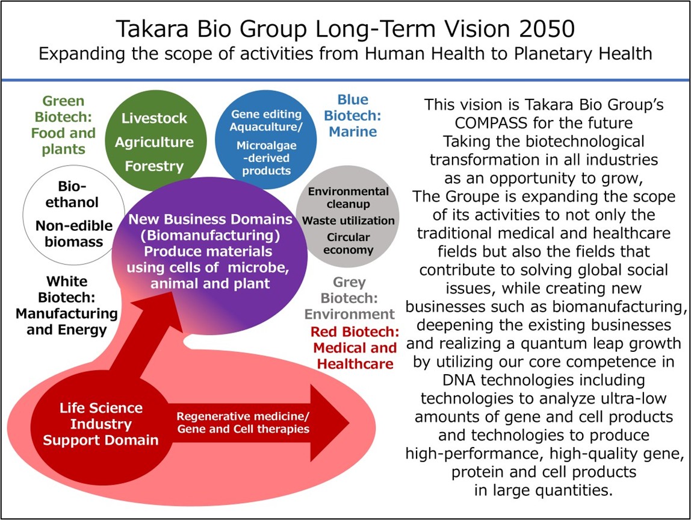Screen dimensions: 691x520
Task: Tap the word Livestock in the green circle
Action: coord(154,118)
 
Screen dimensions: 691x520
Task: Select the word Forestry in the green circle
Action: coord(154,166)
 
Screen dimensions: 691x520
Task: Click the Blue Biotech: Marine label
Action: coord(353,116)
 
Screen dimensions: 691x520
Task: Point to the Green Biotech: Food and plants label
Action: coord(63,125)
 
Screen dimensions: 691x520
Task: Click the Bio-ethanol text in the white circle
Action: coord(72,194)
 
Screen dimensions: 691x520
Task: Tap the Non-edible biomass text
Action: coord(74,234)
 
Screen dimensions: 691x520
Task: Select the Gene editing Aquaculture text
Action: coord(266,121)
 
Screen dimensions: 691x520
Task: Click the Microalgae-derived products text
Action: coord(266,158)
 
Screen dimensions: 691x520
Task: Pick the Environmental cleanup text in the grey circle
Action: coord(348,198)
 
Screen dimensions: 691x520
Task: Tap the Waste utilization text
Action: coord(348,221)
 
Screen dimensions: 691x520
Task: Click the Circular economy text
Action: coord(348,243)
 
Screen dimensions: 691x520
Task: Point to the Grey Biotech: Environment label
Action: coord(349,298)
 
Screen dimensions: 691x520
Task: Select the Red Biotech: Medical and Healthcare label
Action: coord(355,348)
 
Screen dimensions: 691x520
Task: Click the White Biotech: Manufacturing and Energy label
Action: coord(67,305)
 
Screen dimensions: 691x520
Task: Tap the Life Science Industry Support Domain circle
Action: coord(101,424)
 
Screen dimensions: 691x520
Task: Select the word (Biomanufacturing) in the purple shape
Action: coord(210,236)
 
